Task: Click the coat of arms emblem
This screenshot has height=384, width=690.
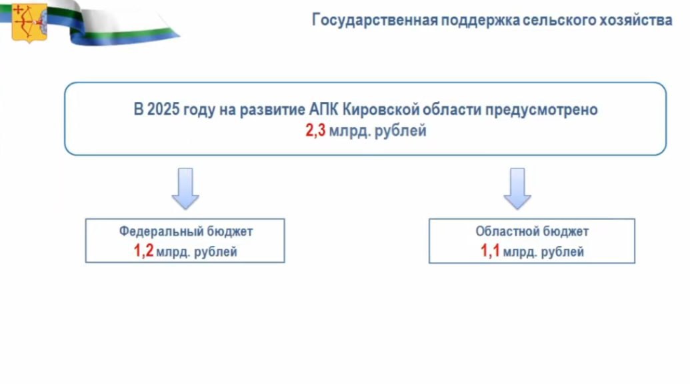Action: pyautogui.click(x=29, y=22)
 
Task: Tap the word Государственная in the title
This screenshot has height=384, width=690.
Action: pyautogui.click(x=375, y=20)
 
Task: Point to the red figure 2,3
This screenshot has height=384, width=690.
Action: pyautogui.click(x=315, y=131)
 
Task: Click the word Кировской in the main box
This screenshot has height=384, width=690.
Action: pyautogui.click(x=381, y=109)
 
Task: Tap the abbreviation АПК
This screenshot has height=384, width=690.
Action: pyautogui.click(x=323, y=109)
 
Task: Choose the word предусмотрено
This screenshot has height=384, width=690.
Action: pyautogui.click(x=541, y=109)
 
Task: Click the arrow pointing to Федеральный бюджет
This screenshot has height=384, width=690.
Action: pyautogui.click(x=185, y=188)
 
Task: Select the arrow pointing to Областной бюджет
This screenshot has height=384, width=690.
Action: pyautogui.click(x=517, y=188)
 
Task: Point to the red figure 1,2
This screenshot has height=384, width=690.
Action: pyautogui.click(x=143, y=251)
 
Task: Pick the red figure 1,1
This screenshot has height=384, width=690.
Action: pyautogui.click(x=490, y=251)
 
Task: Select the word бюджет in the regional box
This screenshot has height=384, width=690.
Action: pyautogui.click(x=566, y=231)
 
